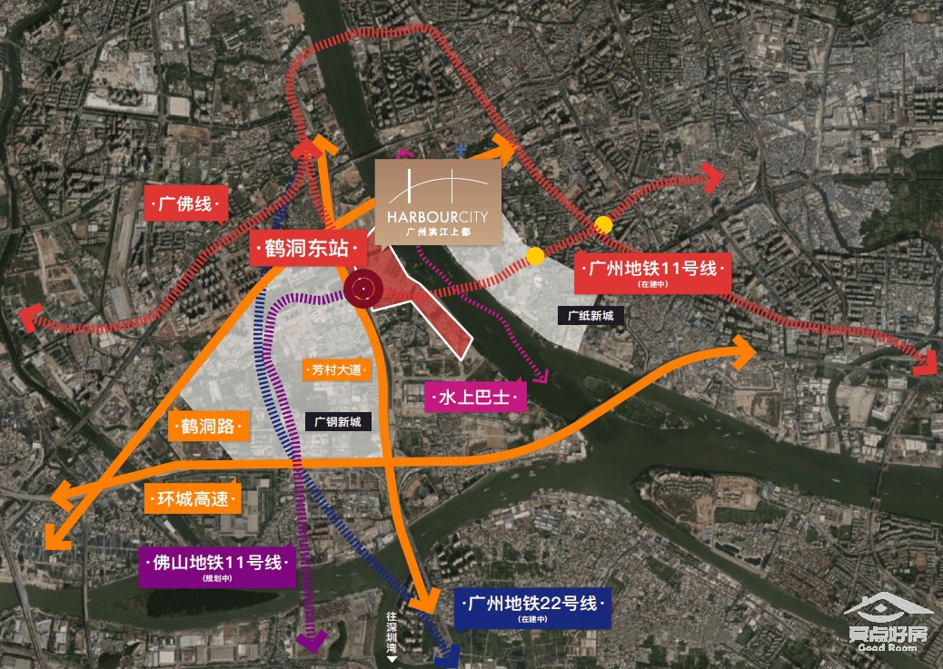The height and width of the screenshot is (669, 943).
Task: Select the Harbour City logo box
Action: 437,202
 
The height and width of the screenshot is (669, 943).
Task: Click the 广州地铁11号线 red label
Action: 652,272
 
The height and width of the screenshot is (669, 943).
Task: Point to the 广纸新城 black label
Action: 591,316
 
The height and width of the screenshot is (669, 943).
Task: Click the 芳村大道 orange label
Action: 336,370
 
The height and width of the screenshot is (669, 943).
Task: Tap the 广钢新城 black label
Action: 338,421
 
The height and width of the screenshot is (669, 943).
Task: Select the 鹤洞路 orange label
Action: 207,426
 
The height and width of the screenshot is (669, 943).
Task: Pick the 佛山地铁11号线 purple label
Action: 217,566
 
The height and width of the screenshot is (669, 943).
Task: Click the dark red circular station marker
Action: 362,290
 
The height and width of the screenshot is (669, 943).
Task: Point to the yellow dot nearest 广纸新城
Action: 535,256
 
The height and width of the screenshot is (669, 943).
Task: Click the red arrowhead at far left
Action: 30,317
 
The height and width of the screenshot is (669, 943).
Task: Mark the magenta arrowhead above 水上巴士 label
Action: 542,376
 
